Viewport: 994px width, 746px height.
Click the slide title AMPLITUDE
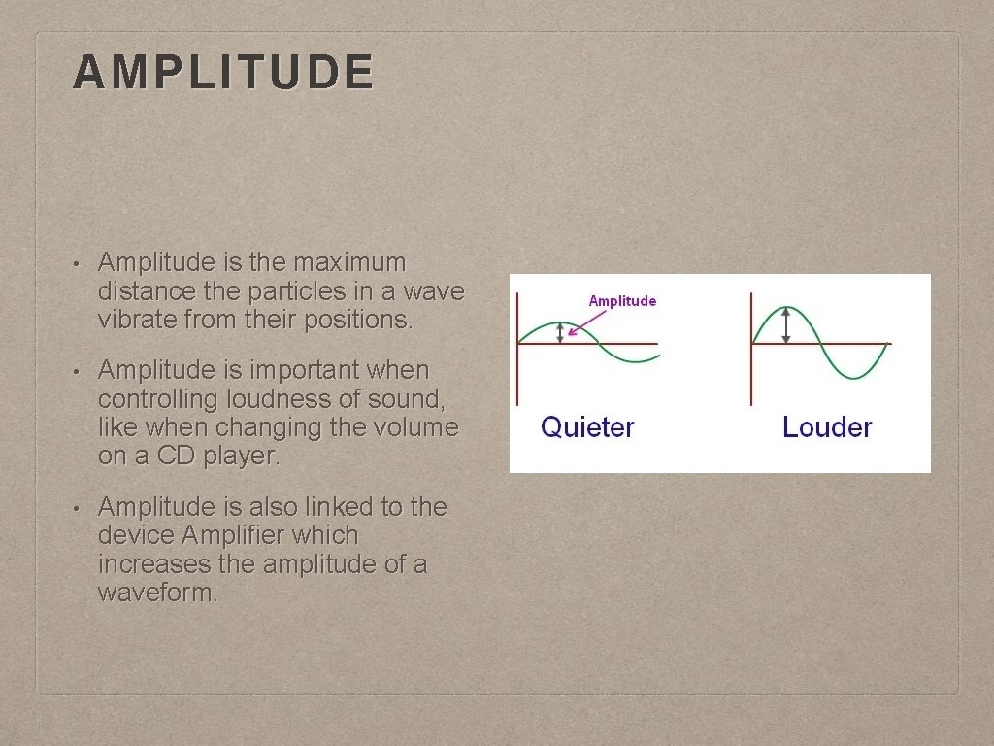tap(222, 72)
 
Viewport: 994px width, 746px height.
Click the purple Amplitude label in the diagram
tap(622, 300)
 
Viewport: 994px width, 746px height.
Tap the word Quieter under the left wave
tap(587, 427)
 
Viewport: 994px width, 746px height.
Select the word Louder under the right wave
tap(827, 427)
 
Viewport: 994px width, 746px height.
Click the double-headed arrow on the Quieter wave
tap(559, 333)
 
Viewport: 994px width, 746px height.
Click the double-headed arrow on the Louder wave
tap(786, 324)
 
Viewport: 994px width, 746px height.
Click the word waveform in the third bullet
tap(155, 593)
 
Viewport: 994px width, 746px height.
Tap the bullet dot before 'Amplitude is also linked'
tap(76, 508)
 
